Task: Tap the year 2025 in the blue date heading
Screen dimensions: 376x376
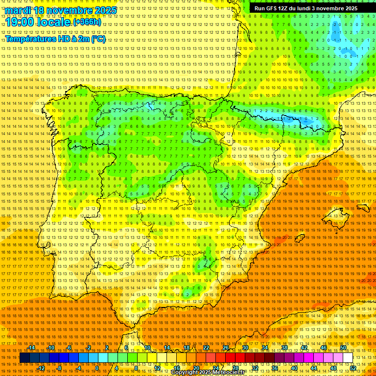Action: click(104, 10)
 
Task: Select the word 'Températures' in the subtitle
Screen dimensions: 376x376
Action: click(33, 39)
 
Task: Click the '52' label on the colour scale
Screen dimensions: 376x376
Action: click(353, 368)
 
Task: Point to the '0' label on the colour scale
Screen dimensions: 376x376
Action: click(97, 368)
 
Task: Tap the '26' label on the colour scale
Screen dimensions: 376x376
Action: click(226, 348)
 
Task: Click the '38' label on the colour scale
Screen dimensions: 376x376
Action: click(284, 348)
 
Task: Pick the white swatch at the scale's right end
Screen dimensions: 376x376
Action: click(348, 358)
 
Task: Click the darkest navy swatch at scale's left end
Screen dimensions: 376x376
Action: click(24, 358)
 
